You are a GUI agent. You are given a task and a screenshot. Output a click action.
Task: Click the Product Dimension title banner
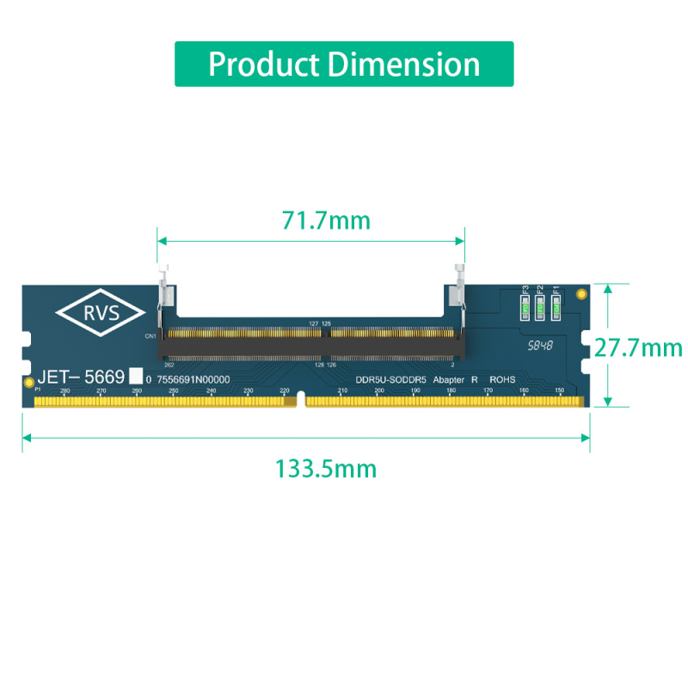click(344, 64)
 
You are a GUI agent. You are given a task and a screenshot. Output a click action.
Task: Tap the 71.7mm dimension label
click(326, 221)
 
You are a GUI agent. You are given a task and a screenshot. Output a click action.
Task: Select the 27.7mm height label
click(638, 347)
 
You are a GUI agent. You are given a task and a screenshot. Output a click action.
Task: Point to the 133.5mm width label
click(326, 469)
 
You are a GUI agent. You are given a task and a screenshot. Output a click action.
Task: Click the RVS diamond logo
click(101, 312)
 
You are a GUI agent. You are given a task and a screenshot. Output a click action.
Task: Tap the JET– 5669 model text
click(81, 377)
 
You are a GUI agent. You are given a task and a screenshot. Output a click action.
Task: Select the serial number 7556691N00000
click(193, 379)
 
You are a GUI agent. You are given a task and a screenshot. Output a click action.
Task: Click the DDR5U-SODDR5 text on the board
click(390, 379)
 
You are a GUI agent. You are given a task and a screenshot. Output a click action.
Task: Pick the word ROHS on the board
click(502, 379)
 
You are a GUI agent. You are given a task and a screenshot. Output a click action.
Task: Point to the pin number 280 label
click(65, 391)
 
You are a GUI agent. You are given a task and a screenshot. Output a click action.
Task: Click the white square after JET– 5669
click(135, 376)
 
